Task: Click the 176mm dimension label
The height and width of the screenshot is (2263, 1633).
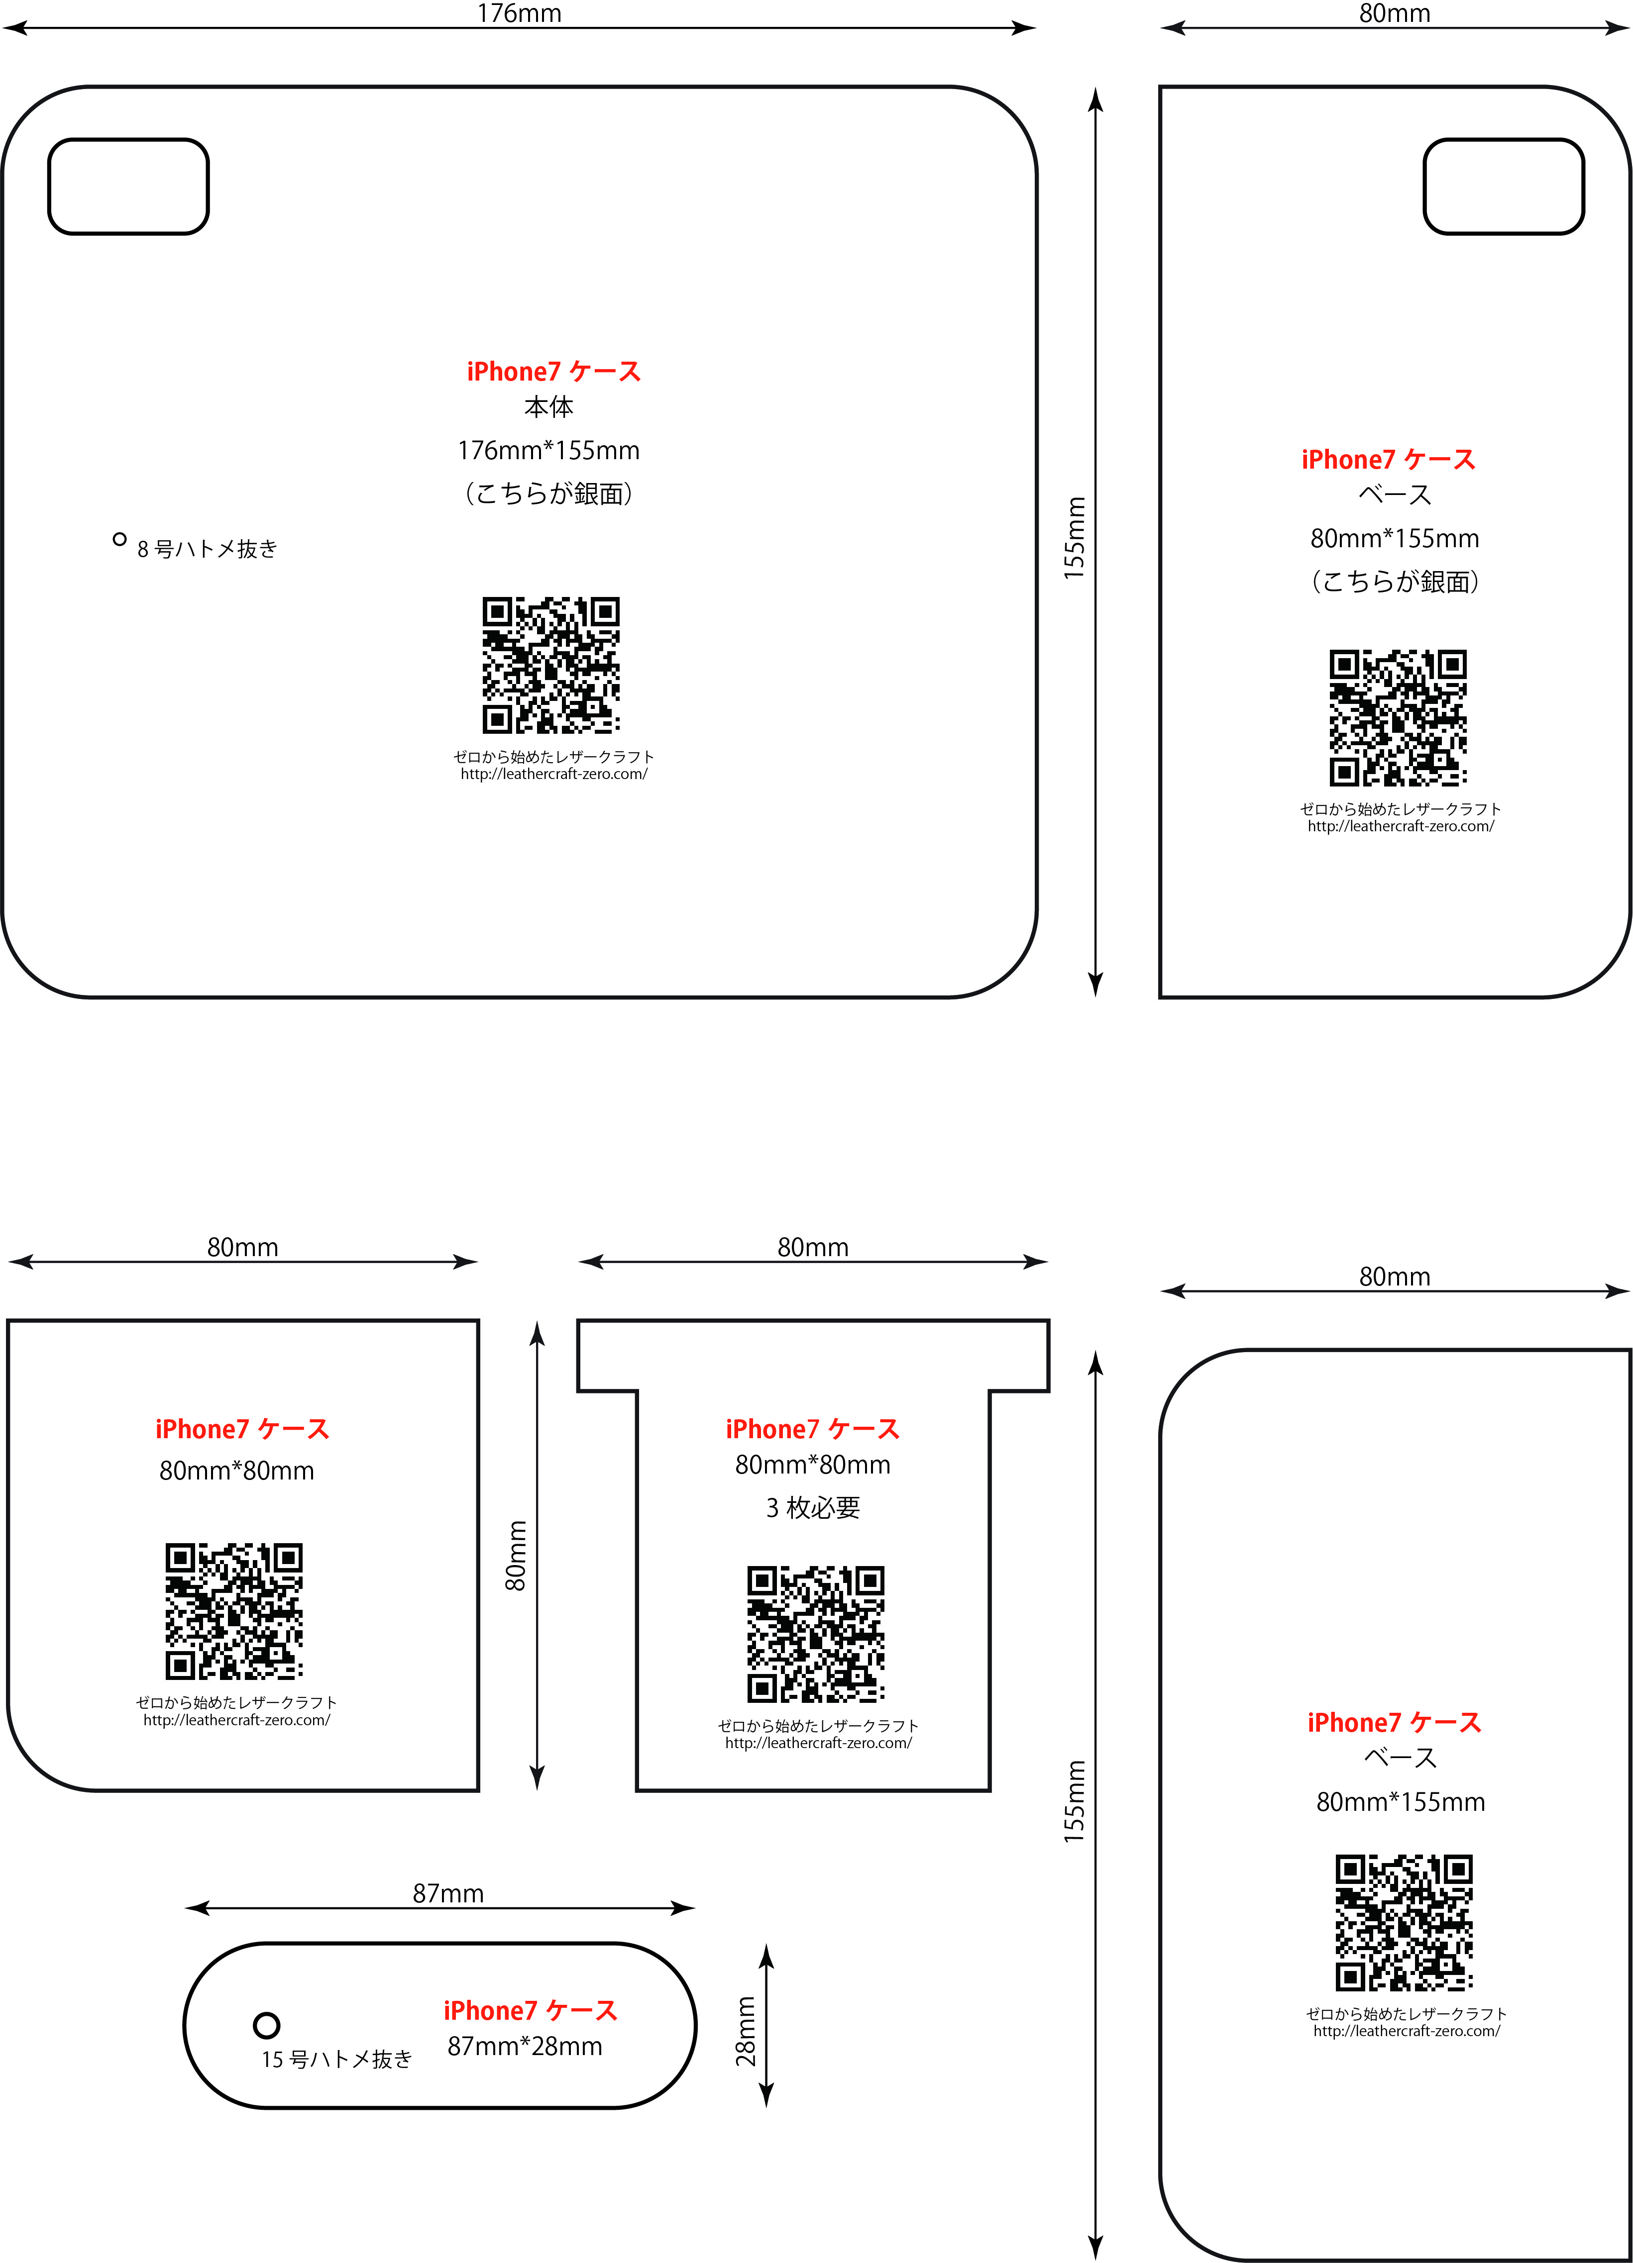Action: coord(519,13)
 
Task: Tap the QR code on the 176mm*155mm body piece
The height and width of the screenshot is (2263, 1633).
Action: coord(551,666)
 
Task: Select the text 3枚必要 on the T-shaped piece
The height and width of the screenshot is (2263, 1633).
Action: coord(813,1508)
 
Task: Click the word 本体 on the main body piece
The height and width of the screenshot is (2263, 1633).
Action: coord(549,407)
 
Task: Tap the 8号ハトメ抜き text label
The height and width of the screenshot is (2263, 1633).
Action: coord(208,549)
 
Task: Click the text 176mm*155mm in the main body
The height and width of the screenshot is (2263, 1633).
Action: coord(549,450)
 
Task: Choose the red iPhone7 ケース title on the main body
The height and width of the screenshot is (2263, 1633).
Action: coord(554,371)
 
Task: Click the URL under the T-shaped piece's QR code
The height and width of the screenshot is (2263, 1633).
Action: coord(819,1743)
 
